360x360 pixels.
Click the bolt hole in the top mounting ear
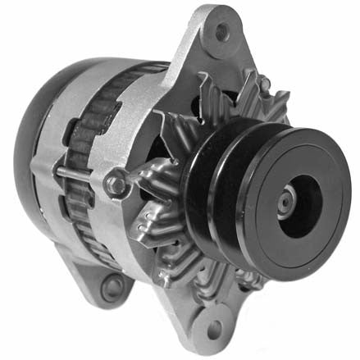221,32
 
